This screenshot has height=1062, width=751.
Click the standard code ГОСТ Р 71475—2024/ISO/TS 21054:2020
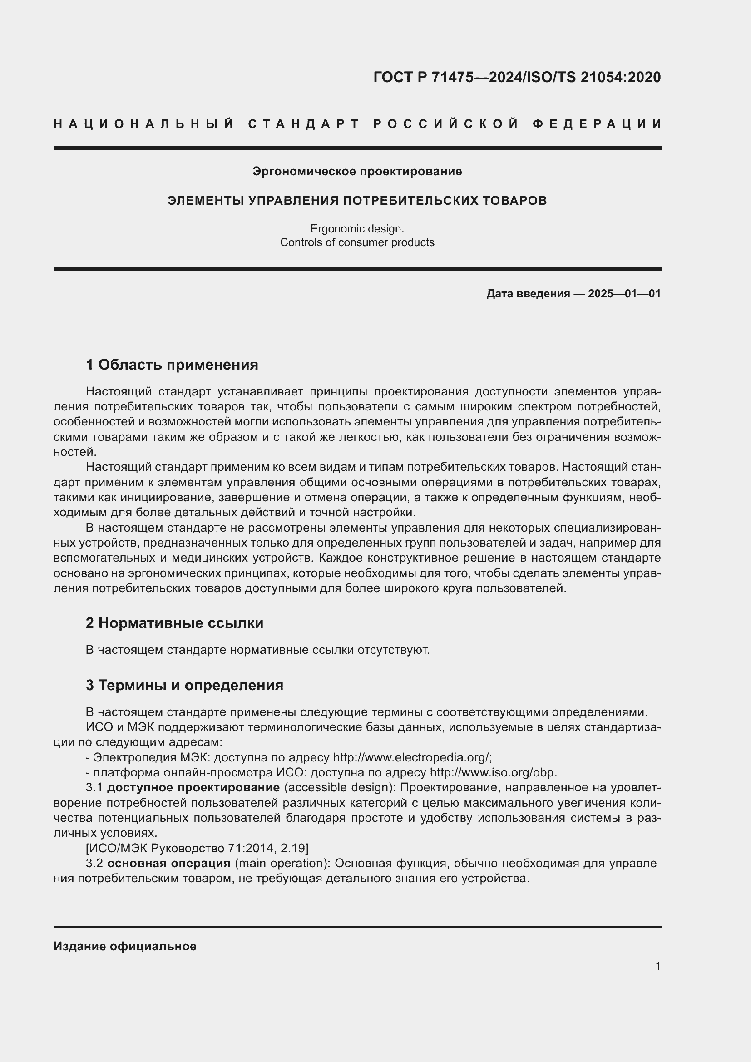point(517,77)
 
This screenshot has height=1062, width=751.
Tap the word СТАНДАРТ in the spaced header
point(304,124)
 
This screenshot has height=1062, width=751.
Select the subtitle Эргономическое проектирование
point(357,172)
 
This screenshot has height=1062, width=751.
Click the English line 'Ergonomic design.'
point(357,228)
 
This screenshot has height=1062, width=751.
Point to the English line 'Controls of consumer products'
point(357,242)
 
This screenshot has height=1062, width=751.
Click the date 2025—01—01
point(624,294)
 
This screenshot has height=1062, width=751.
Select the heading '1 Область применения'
point(172,365)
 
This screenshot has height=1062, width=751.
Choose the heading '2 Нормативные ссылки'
point(174,623)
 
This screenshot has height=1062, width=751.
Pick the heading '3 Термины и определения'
point(184,685)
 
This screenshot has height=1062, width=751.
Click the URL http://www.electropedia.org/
point(411,757)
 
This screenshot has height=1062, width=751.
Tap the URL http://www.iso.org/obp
point(493,772)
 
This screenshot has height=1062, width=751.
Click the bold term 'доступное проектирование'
point(193,788)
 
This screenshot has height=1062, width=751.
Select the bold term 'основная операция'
point(169,864)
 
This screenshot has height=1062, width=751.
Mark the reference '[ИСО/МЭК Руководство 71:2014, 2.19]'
point(197,848)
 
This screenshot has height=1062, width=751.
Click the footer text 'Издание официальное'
point(125,946)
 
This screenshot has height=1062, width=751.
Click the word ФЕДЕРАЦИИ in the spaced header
point(597,124)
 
